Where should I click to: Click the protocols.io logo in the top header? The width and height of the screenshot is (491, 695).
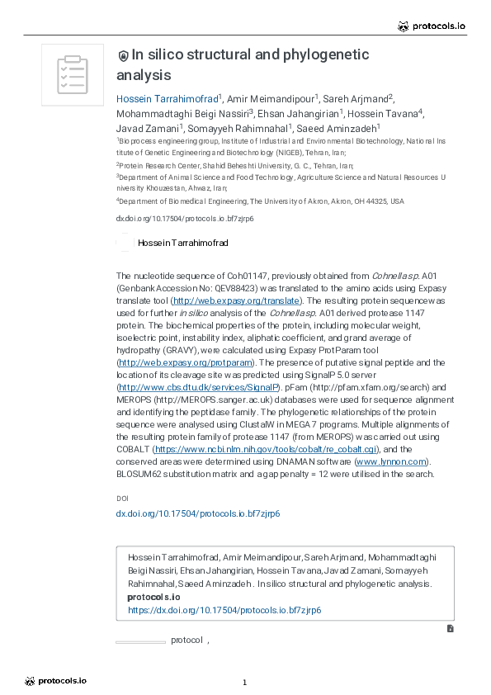(x=432, y=26)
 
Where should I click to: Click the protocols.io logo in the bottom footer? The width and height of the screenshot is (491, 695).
(x=55, y=681)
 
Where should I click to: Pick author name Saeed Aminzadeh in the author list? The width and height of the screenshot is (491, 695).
(x=338, y=128)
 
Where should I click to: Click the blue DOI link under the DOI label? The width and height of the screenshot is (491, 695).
(x=197, y=513)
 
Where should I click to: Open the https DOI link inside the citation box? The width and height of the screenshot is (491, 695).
(x=224, y=610)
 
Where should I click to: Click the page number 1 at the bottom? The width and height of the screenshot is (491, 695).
(x=245, y=683)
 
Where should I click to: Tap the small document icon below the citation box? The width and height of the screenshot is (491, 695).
(x=450, y=628)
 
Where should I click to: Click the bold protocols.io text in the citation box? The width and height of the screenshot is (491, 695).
(x=153, y=597)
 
